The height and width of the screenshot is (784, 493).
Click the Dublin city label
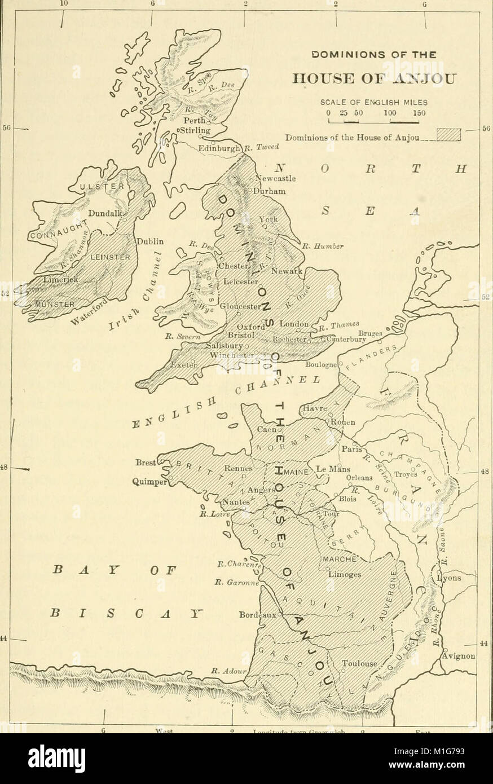coord(150,241)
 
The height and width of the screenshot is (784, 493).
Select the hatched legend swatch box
coord(449,136)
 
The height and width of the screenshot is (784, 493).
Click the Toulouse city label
coord(359,664)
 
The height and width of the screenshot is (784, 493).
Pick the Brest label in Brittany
coord(146,462)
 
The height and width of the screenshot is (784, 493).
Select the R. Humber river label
coord(319,246)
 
